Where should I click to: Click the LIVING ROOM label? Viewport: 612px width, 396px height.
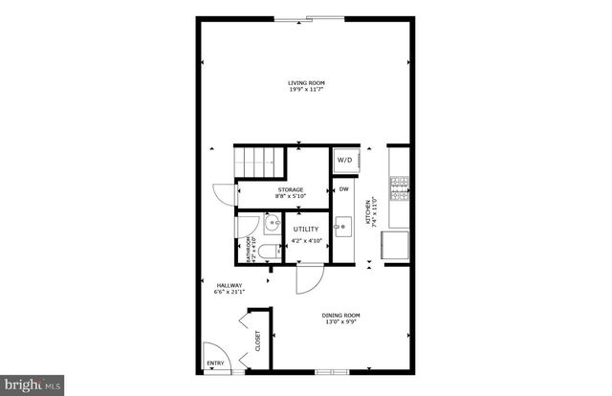306,82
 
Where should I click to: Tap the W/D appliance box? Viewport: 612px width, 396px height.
344,161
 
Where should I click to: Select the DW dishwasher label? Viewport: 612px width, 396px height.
343,189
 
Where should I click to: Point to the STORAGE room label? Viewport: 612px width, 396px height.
291,189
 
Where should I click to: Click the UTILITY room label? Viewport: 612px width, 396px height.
306,230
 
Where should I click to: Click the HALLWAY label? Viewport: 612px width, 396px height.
229,285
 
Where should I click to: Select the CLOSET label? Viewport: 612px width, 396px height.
258,341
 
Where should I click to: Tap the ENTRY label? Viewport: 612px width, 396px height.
215,363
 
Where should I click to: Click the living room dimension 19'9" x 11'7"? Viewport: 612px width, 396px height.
306,90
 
